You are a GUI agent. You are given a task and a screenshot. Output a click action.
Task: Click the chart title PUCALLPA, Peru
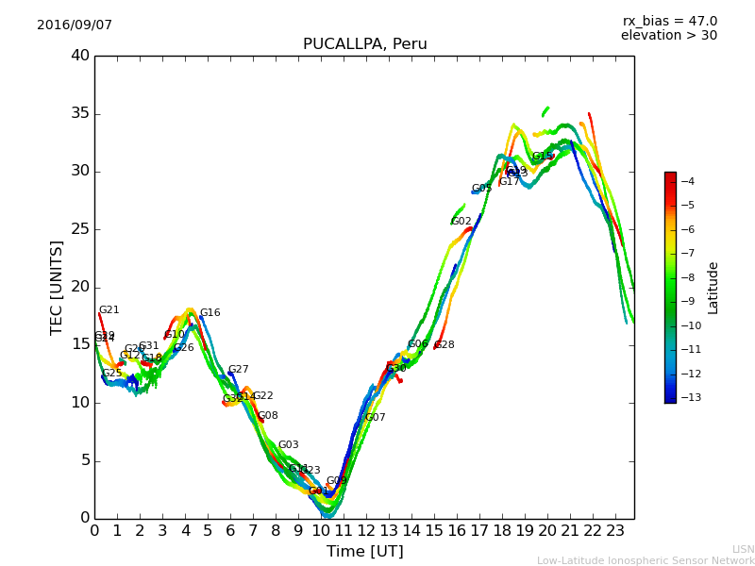click(x=364, y=44)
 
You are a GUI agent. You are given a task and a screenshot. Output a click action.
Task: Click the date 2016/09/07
click(x=75, y=25)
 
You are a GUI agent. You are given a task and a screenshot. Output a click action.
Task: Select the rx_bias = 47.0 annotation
click(x=669, y=22)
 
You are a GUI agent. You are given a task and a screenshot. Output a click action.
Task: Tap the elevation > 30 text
click(x=668, y=36)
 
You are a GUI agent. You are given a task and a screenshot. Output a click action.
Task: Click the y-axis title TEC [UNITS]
click(x=57, y=287)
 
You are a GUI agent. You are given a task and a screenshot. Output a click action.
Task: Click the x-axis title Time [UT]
click(x=364, y=552)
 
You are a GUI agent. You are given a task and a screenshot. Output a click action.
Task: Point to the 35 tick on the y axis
click(x=80, y=114)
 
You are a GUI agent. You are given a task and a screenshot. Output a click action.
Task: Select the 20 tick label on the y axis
click(x=80, y=287)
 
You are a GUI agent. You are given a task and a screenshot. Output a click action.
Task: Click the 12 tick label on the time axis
click(x=366, y=531)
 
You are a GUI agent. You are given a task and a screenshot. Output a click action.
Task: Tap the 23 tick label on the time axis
click(x=615, y=531)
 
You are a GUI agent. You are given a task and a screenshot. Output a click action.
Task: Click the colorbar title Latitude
click(x=713, y=287)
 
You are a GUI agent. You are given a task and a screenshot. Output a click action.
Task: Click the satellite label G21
click(x=109, y=310)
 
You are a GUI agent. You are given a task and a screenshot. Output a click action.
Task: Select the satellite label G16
click(x=210, y=313)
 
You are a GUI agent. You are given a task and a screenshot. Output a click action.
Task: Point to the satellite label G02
click(x=461, y=222)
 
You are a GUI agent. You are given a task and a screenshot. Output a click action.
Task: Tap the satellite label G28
click(x=445, y=345)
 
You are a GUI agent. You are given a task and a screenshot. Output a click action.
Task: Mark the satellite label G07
click(x=376, y=418)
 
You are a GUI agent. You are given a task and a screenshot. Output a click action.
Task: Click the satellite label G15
click(x=543, y=157)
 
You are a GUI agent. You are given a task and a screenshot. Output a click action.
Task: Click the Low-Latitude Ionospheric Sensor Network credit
click(x=646, y=560)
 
